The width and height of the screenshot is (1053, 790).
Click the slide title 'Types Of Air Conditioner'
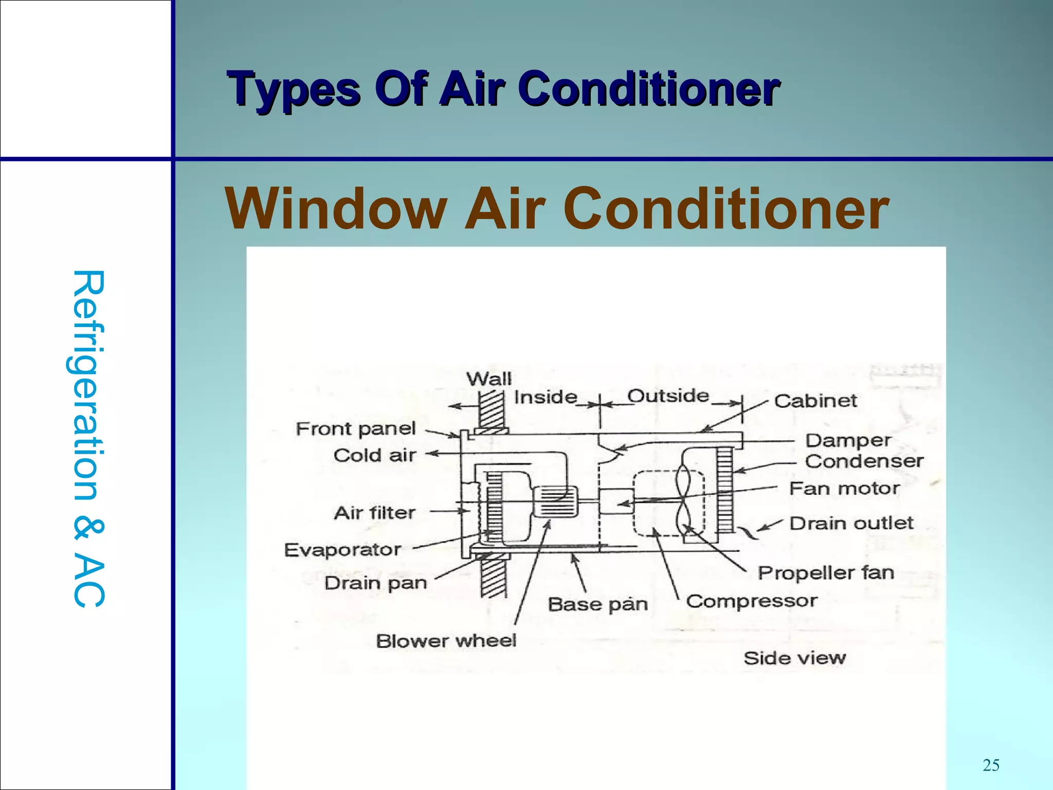[x=504, y=89]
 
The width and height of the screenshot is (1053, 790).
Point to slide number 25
[x=991, y=765]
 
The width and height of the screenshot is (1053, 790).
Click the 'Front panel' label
[x=355, y=428]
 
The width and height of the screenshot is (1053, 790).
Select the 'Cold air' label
[x=374, y=455]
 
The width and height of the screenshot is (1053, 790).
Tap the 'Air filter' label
[x=374, y=513]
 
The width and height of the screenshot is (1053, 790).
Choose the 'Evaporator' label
[x=342, y=550]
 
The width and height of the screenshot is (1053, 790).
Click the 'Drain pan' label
[x=375, y=583]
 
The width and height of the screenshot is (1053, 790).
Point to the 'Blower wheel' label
[x=446, y=641]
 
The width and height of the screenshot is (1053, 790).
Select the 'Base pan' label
[x=597, y=604]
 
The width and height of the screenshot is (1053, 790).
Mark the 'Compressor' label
[x=751, y=601]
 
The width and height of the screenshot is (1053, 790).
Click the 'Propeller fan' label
[x=826, y=573]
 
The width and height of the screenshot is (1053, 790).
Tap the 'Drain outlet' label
[x=851, y=524]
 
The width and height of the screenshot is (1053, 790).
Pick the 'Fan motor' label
[x=844, y=488]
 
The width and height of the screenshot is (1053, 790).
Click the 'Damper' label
[x=848, y=441]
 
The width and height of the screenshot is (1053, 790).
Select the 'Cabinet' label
[x=815, y=401]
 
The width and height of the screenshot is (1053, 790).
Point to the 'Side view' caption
[x=794, y=658]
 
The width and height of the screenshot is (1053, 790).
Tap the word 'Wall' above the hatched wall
[x=489, y=380]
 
